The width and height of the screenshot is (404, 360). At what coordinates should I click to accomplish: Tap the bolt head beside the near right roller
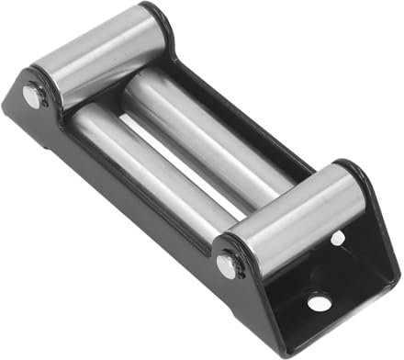point(226,266)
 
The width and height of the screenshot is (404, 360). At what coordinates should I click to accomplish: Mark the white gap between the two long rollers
point(188,169)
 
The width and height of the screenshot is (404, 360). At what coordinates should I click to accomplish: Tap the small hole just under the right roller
point(338,238)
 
